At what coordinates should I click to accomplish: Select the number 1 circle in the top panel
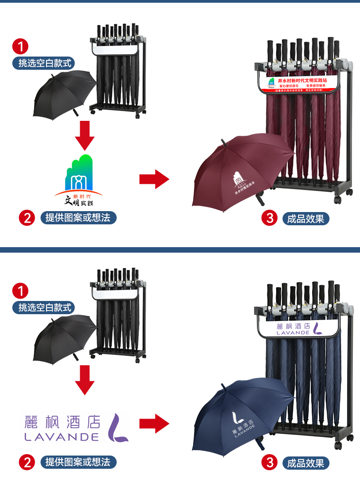pos(21,46)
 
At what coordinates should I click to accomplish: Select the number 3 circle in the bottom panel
pos(270,463)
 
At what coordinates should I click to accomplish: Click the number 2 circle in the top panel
pos(26,218)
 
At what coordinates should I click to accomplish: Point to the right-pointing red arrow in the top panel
pos(154,179)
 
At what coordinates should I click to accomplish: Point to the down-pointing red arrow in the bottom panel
pos(84,379)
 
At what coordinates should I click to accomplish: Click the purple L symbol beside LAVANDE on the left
pos(120,427)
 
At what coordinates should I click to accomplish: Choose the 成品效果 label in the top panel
pos(305,218)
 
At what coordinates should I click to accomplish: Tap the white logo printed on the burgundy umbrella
pos(240,182)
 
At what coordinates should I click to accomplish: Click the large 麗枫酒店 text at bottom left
pos(62,421)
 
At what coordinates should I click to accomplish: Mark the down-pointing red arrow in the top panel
pos(84,135)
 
